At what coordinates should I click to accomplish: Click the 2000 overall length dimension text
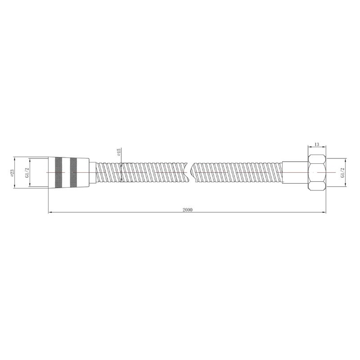point(188,209)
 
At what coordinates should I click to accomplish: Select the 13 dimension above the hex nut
point(317,144)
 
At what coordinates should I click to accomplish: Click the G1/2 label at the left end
point(27,172)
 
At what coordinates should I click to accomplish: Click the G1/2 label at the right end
point(342,172)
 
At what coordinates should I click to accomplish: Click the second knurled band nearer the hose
point(73,172)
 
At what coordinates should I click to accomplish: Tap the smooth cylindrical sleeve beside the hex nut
point(295,172)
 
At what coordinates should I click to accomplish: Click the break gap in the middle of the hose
point(189,172)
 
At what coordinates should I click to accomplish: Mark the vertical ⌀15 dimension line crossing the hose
point(121,172)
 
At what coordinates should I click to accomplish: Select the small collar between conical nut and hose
point(93,172)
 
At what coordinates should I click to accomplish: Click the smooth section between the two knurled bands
point(65,172)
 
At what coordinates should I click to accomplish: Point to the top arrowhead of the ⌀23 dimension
point(15,158)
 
